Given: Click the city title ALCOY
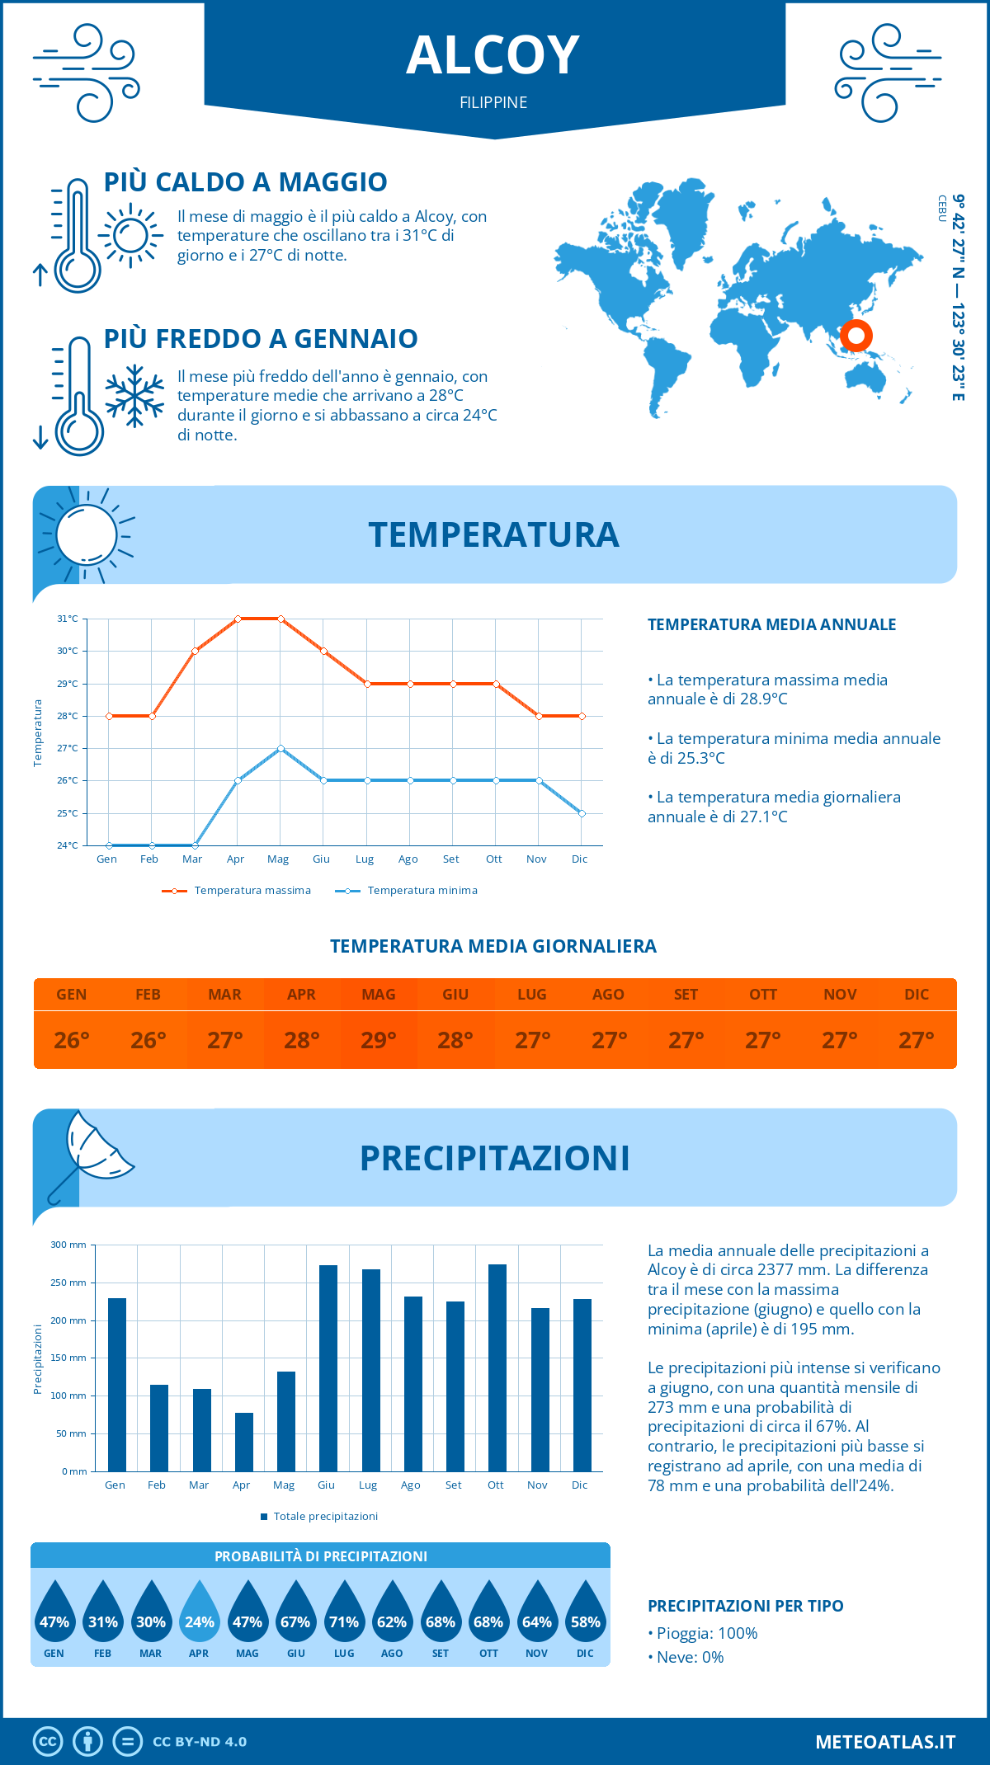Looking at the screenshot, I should (493, 56).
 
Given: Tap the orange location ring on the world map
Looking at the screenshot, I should (856, 336).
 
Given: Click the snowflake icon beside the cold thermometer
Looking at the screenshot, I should (134, 396).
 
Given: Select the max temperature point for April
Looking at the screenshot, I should (238, 619).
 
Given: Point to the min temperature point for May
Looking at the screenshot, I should (280, 748).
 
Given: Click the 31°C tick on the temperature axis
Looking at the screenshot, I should (68, 619).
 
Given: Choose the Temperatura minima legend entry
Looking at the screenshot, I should (407, 891).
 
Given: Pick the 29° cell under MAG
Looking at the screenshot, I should (379, 1040).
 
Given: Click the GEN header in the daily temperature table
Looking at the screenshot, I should (72, 995).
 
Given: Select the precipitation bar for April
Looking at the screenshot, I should (244, 1442).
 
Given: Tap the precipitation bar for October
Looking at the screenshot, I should (497, 1367).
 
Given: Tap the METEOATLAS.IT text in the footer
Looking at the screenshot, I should (885, 1742).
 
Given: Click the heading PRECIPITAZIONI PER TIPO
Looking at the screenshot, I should (745, 1606).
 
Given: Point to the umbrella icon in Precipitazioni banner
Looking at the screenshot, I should (91, 1151).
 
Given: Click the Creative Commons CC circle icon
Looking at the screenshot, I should (48, 1742).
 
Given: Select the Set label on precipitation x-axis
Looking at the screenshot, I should (453, 1485).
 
